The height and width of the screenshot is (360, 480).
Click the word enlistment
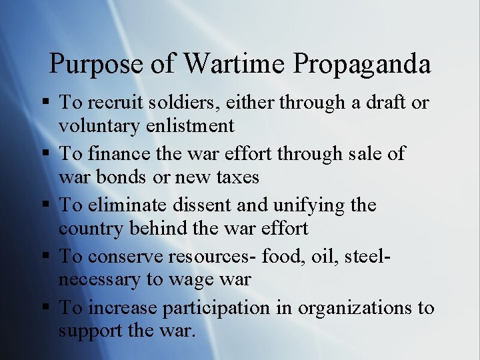coord(189,125)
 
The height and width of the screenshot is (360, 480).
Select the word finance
coord(123,153)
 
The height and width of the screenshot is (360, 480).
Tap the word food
coord(283,255)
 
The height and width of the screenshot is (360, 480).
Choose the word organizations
coord(355,308)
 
